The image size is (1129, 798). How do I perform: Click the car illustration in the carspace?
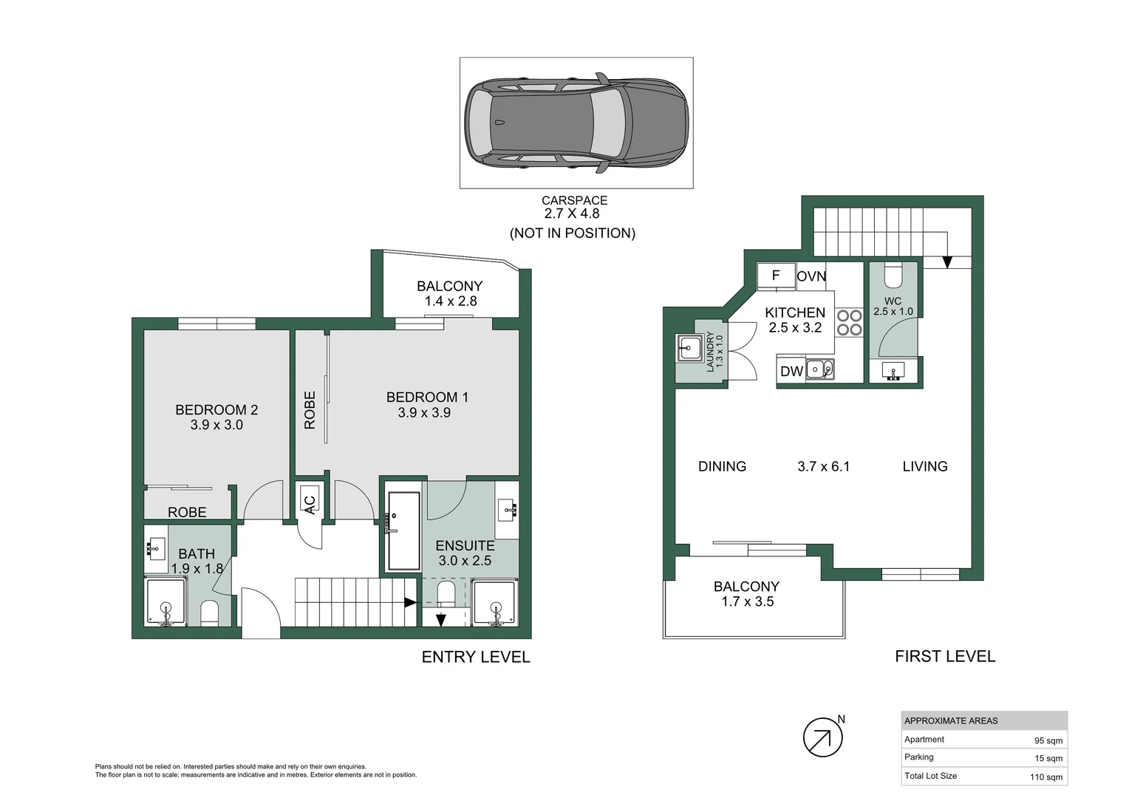click(576, 123)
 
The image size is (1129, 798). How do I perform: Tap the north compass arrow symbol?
click(822, 737)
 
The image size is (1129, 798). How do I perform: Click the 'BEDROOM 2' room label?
click(216, 410)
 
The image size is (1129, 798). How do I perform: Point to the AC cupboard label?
click(309, 502)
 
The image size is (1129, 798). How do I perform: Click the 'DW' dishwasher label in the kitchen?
click(791, 372)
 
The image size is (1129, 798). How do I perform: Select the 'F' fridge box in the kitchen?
click(776, 276)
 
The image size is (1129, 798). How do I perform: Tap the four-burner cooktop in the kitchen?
click(849, 323)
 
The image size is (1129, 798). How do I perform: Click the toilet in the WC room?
click(893, 276)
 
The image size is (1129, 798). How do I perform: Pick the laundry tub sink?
click(690, 347)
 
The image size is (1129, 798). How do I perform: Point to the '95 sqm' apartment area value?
click(1048, 740)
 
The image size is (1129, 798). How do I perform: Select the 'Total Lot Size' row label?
click(930, 776)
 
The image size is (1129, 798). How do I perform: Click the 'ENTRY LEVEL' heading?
click(476, 657)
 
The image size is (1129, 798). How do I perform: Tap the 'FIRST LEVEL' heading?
click(945, 656)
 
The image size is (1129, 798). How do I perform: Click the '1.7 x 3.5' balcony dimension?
click(748, 602)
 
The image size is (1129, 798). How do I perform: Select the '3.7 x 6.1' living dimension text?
click(823, 466)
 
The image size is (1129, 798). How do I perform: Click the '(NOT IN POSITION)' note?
click(573, 233)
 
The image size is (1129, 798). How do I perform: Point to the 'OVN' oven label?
click(811, 276)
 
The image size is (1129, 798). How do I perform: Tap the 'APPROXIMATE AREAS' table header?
click(951, 720)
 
